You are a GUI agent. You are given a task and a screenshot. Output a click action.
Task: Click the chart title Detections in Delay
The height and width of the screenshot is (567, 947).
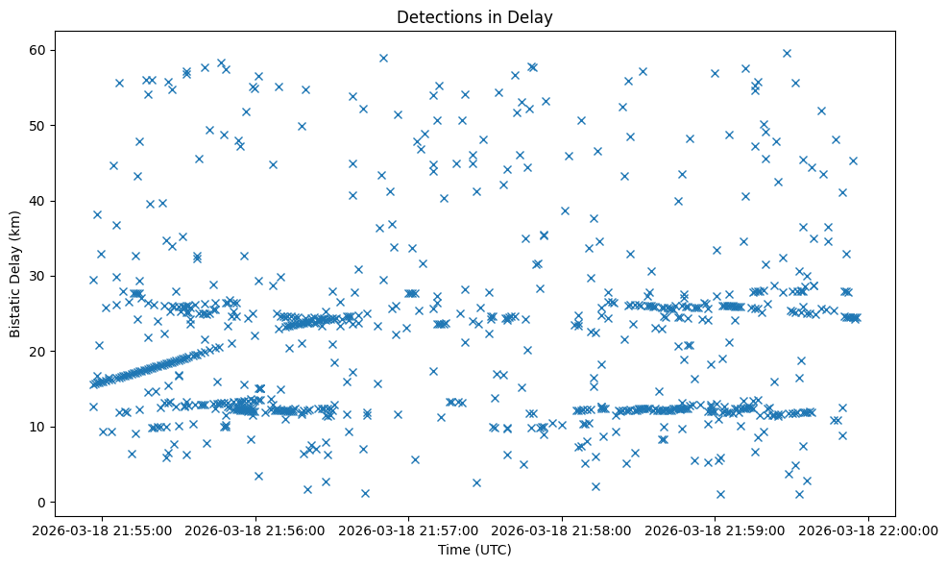click(x=474, y=17)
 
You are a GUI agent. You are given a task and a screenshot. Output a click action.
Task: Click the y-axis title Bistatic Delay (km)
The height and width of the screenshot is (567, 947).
click(x=15, y=274)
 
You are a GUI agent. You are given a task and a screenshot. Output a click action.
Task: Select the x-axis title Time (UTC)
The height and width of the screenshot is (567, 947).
click(x=474, y=550)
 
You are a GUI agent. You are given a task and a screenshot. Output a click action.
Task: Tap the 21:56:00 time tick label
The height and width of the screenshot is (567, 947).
click(x=255, y=530)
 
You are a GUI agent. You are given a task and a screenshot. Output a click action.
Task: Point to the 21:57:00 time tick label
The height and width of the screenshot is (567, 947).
click(x=409, y=530)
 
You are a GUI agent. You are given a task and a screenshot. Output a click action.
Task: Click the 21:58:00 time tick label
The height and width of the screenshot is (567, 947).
click(x=562, y=530)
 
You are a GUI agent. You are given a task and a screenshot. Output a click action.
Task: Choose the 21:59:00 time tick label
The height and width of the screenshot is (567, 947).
click(x=715, y=530)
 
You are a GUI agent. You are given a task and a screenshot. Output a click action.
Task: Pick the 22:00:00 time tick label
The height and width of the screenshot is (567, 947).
click(x=868, y=530)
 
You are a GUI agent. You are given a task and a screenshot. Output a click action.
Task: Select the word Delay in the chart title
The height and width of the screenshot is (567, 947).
click(x=533, y=17)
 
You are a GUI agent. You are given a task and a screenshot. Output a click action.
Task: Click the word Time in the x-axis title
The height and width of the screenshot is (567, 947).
click(x=454, y=550)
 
